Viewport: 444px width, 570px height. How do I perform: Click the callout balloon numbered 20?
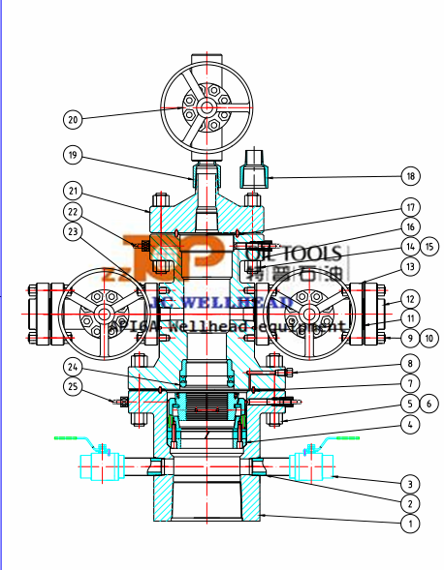(x=72, y=119)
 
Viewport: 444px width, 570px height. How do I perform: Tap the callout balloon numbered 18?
(x=410, y=176)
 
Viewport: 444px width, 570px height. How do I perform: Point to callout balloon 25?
(x=72, y=387)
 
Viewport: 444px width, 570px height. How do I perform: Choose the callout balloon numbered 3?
(x=410, y=483)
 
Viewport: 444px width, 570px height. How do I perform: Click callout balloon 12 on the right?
(x=410, y=299)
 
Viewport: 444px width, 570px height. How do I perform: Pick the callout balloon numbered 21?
(x=72, y=190)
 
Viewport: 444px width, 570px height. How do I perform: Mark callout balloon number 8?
(x=410, y=363)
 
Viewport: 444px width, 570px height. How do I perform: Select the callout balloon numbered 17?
(x=410, y=206)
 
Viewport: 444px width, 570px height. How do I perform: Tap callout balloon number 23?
(x=72, y=231)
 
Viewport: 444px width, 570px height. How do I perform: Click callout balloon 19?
(x=72, y=155)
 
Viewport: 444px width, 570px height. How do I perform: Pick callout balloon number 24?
(x=72, y=366)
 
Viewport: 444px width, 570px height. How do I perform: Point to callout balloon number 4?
(x=410, y=423)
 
